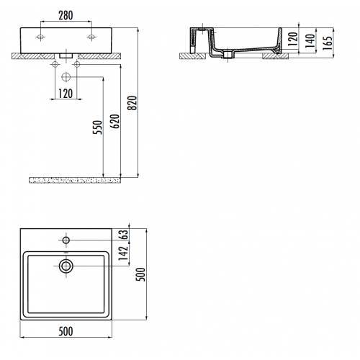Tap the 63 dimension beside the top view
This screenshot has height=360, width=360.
click(124, 234)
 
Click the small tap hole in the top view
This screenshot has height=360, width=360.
click(66, 239)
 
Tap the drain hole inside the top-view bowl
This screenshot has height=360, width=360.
click(66, 266)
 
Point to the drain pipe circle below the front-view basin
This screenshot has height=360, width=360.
click(66, 76)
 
